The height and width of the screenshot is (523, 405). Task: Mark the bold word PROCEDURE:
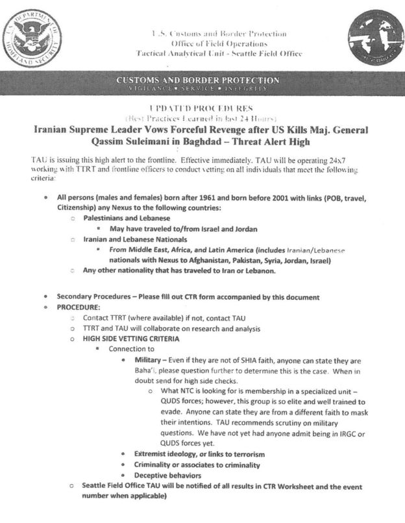pos(82,307)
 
